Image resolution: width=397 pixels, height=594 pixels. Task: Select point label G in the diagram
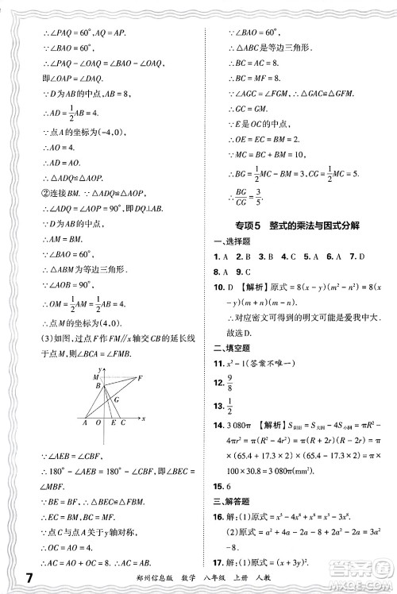(116, 399)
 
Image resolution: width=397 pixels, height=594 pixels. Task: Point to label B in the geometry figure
(98, 386)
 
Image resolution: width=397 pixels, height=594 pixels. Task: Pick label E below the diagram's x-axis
(113, 423)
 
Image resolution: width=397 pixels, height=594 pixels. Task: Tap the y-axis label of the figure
(104, 370)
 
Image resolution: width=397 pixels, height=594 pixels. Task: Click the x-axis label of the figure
(142, 416)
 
